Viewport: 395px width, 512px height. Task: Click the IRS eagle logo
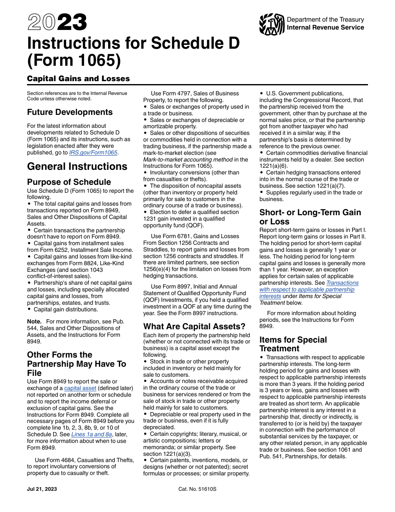(272, 24)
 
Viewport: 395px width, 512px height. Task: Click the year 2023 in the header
(57, 22)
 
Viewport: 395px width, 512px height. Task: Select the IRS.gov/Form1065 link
(94, 152)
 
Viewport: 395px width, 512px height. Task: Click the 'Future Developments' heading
(69, 112)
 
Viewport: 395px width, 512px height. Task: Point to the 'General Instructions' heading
(77, 167)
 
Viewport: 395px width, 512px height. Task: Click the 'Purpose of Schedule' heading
(69, 182)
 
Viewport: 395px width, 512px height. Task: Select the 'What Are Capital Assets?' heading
(194, 326)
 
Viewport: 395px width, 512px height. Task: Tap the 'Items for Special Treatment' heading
(293, 344)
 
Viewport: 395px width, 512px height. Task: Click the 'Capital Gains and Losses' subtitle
(78, 78)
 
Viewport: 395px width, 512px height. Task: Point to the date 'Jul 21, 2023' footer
(42, 489)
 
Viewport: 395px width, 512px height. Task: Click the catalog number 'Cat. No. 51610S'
(197, 489)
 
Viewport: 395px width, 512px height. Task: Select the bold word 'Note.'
(34, 321)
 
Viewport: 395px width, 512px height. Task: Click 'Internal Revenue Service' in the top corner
(325, 27)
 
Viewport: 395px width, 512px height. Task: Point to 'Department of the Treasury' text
(325, 20)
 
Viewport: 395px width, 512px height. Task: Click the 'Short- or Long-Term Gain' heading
(310, 212)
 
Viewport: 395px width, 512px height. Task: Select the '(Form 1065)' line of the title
(74, 61)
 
